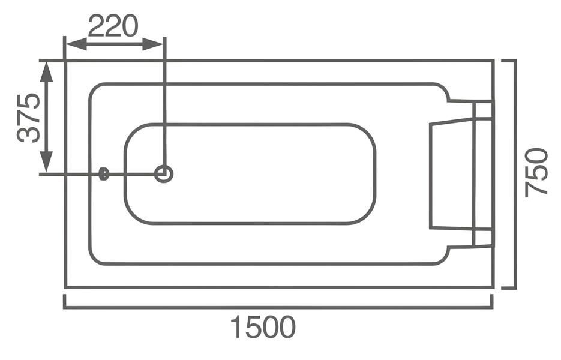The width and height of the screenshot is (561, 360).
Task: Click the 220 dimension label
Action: tap(113, 25)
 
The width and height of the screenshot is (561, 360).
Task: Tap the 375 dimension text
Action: tap(29, 118)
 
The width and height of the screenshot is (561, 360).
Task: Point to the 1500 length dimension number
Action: tap(263, 327)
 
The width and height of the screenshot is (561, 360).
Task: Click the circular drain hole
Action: tap(164, 174)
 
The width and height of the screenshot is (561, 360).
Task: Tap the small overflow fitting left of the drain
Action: tap(104, 174)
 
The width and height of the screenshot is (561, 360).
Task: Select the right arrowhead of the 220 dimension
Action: tap(153, 44)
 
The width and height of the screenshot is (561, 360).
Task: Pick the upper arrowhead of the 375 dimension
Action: tap(46, 73)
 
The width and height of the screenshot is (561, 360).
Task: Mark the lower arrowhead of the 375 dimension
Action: tap(46, 161)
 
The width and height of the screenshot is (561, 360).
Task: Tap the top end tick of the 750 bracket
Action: tap(508, 61)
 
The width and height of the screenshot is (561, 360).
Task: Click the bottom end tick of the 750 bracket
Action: tap(508, 287)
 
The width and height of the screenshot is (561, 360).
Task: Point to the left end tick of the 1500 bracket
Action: tap(64, 301)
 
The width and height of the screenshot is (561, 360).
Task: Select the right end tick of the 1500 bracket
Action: tap(491, 301)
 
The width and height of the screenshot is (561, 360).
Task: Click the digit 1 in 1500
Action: tap(236, 327)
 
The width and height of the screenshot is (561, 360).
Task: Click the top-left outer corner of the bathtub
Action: tap(65, 61)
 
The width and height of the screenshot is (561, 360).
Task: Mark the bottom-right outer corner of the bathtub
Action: tap(493, 287)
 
